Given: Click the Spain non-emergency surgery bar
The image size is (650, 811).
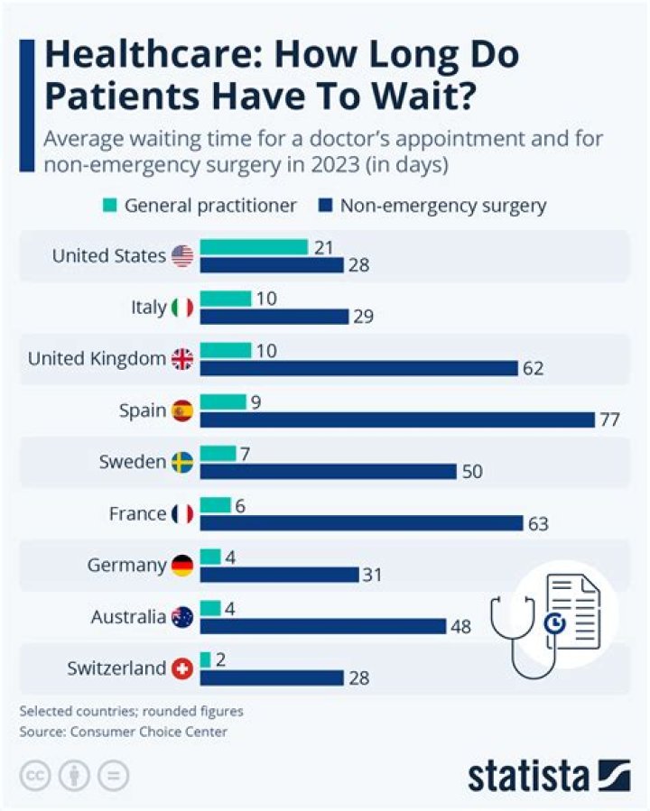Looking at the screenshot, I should click(x=397, y=419).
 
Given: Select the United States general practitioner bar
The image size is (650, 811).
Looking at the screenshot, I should click(x=254, y=247).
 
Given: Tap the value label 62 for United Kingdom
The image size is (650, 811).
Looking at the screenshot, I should click(x=532, y=368).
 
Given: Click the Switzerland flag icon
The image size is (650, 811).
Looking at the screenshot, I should click(x=182, y=668).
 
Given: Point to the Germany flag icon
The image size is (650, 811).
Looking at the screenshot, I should click(x=182, y=566).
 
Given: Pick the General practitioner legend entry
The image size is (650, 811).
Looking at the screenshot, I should click(x=199, y=206).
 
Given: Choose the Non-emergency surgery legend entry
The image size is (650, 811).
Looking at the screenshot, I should click(x=432, y=206).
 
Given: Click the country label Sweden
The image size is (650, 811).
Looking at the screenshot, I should click(x=133, y=463).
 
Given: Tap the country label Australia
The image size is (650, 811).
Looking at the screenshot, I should click(x=129, y=618).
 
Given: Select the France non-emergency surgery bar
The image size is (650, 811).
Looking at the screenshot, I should click(x=361, y=523).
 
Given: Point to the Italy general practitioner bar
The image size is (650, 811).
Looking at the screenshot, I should click(x=226, y=299).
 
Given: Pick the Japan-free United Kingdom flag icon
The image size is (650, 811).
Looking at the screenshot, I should click(x=182, y=359).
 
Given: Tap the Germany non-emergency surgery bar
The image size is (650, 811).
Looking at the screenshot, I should click(x=280, y=575).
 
